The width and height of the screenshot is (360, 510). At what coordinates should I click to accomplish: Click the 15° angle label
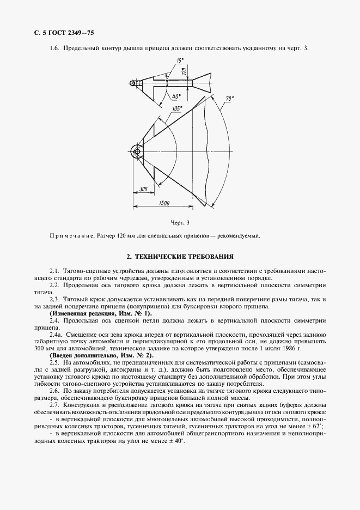pyautogui.click(x=180, y=60)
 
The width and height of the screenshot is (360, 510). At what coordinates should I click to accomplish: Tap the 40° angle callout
pyautogui.click(x=176, y=96)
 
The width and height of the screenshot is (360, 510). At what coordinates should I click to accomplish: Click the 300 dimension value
pyautogui.click(x=144, y=189)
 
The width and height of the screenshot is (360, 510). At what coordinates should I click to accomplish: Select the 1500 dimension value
pyautogui.click(x=165, y=203)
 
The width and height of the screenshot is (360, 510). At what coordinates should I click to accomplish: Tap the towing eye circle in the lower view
pyautogui.click(x=136, y=149)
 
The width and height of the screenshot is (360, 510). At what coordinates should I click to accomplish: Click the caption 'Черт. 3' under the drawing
pyautogui.click(x=180, y=222)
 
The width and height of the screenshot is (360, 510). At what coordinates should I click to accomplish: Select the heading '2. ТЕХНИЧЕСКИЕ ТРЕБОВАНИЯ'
pyautogui.click(x=180, y=256)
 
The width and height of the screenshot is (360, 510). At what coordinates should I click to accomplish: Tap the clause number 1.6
pyautogui.click(x=54, y=48)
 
